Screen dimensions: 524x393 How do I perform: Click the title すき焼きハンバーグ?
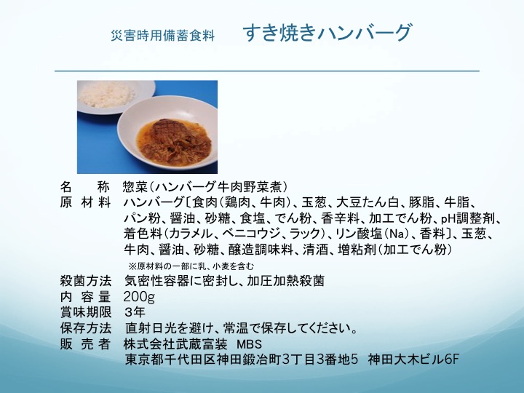click(327, 33)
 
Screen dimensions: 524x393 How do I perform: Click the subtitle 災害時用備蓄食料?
click(162, 36)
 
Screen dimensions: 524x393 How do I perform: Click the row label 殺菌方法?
click(86, 281)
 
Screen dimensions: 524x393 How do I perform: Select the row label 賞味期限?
click(86, 312)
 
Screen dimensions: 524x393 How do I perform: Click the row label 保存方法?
click(86, 328)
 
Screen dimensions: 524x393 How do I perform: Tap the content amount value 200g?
click(139, 297)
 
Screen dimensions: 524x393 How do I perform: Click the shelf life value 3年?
click(135, 312)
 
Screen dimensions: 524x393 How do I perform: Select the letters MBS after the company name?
click(250, 344)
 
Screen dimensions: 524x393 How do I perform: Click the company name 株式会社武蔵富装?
click(175, 344)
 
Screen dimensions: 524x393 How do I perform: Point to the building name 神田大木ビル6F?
click(413, 360)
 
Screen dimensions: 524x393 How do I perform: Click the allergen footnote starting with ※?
click(191, 266)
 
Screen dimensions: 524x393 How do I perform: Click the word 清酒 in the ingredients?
click(315, 250)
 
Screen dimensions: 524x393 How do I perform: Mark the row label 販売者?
click(86, 344)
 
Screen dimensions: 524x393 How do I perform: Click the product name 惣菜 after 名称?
click(135, 187)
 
